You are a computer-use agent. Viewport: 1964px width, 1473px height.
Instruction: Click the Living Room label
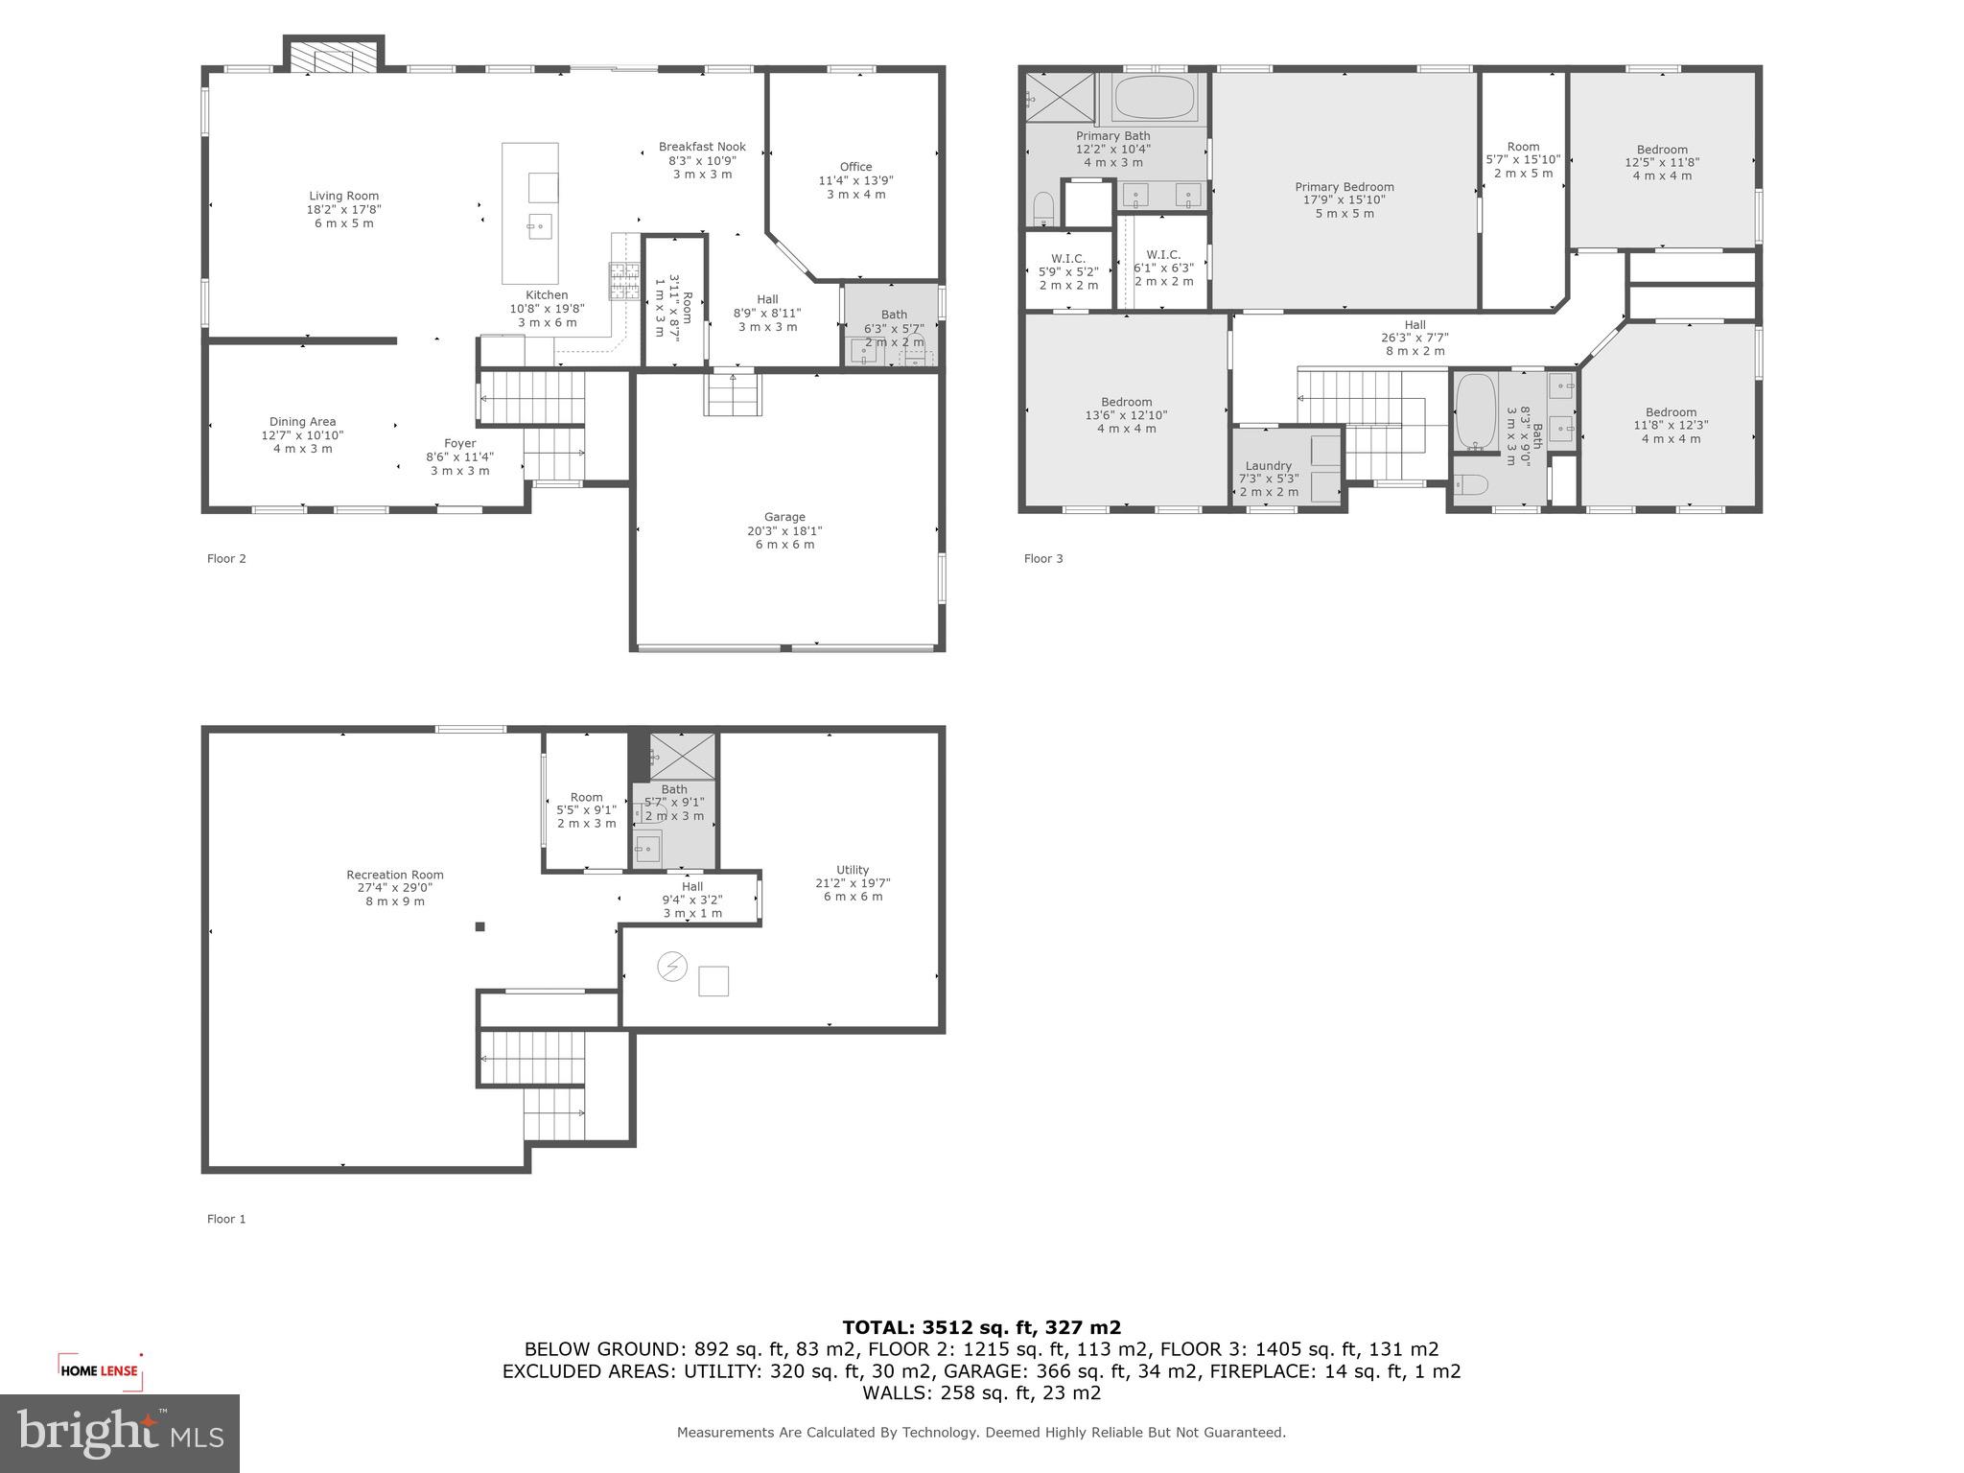tap(343, 197)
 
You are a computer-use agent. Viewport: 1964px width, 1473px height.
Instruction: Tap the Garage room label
tap(783, 517)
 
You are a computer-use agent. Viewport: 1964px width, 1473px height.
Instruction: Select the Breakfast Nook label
tap(701, 148)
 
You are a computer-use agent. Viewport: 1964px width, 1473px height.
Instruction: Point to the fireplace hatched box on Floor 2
tap(333, 57)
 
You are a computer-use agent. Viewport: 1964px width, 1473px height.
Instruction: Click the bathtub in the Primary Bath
tap(1156, 98)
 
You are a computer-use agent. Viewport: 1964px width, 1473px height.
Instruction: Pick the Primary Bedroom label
tap(1344, 188)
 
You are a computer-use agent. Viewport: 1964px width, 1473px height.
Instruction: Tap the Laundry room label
tap(1268, 466)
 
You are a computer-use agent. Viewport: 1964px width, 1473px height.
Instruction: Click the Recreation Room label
tap(394, 875)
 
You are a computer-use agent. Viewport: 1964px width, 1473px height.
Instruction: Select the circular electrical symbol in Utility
tap(671, 967)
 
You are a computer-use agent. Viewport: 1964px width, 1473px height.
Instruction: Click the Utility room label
tap(852, 871)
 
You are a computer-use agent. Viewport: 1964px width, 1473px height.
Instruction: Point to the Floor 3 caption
tap(1042, 559)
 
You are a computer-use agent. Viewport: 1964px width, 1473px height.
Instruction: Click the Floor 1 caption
tap(226, 1220)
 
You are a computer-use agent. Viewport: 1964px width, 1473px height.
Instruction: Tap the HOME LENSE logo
tap(100, 1370)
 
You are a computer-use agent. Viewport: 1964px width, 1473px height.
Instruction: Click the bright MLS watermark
tap(119, 1433)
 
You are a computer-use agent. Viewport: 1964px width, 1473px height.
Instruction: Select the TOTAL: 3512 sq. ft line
tap(981, 1328)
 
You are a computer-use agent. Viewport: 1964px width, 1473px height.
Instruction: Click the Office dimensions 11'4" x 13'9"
tap(855, 180)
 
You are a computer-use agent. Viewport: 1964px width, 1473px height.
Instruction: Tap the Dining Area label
tap(302, 422)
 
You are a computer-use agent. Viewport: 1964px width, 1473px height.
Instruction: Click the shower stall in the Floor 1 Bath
tap(682, 756)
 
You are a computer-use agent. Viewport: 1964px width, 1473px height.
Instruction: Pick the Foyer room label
tap(459, 444)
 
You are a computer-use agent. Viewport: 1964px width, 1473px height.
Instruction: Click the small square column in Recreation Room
tap(480, 926)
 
